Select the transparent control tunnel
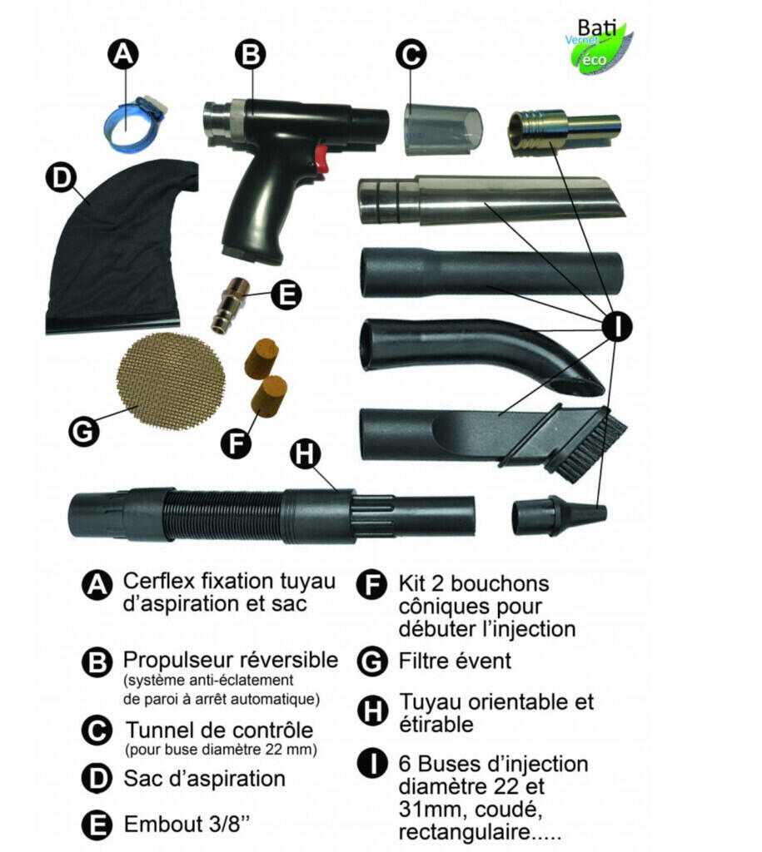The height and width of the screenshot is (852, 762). pos(442,130)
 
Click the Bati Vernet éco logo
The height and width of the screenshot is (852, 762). pos(598,47)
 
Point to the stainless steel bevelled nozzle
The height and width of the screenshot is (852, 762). pos(490,200)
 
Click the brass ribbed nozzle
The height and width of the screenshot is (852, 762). pos(564,130)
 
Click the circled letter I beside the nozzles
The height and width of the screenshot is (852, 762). pos(617,326)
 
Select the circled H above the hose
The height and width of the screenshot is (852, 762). pos(305,453)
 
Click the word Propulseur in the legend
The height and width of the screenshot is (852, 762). pos(178,661)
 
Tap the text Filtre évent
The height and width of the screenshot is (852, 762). pos(455,661)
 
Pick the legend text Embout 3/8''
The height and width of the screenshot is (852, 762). pos(187,824)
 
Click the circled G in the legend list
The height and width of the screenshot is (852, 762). pos(372,661)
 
